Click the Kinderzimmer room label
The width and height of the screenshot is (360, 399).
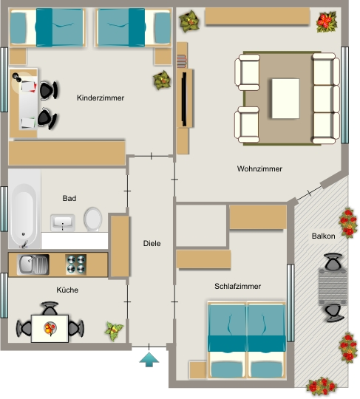pos(101,98)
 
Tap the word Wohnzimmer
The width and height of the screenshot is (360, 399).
pos(259,168)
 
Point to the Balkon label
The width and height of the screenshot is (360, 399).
pos(323,236)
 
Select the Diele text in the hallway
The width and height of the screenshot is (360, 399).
pos(152,243)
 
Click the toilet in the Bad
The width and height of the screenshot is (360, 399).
pos(92,219)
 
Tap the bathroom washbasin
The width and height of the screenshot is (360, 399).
pos(63,222)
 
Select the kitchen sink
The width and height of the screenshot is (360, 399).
pos(33,265)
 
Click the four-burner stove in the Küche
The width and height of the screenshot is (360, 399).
pos(76,265)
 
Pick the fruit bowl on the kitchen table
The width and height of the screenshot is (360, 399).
pos(50,328)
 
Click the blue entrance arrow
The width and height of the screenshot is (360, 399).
pos(149,360)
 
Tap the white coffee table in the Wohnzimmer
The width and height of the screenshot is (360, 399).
pos(285,98)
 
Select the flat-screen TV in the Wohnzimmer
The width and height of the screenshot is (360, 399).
pos(184,99)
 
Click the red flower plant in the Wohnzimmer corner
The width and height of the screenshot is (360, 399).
pos(327,22)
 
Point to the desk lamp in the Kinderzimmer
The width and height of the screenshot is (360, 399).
pos(17,77)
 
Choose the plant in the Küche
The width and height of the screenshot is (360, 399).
pos(114,331)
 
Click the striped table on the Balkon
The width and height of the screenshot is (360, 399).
pos(333,287)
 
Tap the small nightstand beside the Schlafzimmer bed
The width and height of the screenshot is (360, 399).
pos(198,369)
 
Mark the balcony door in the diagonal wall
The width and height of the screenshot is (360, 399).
pos(309,193)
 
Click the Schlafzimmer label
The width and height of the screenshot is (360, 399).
pos(237,286)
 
